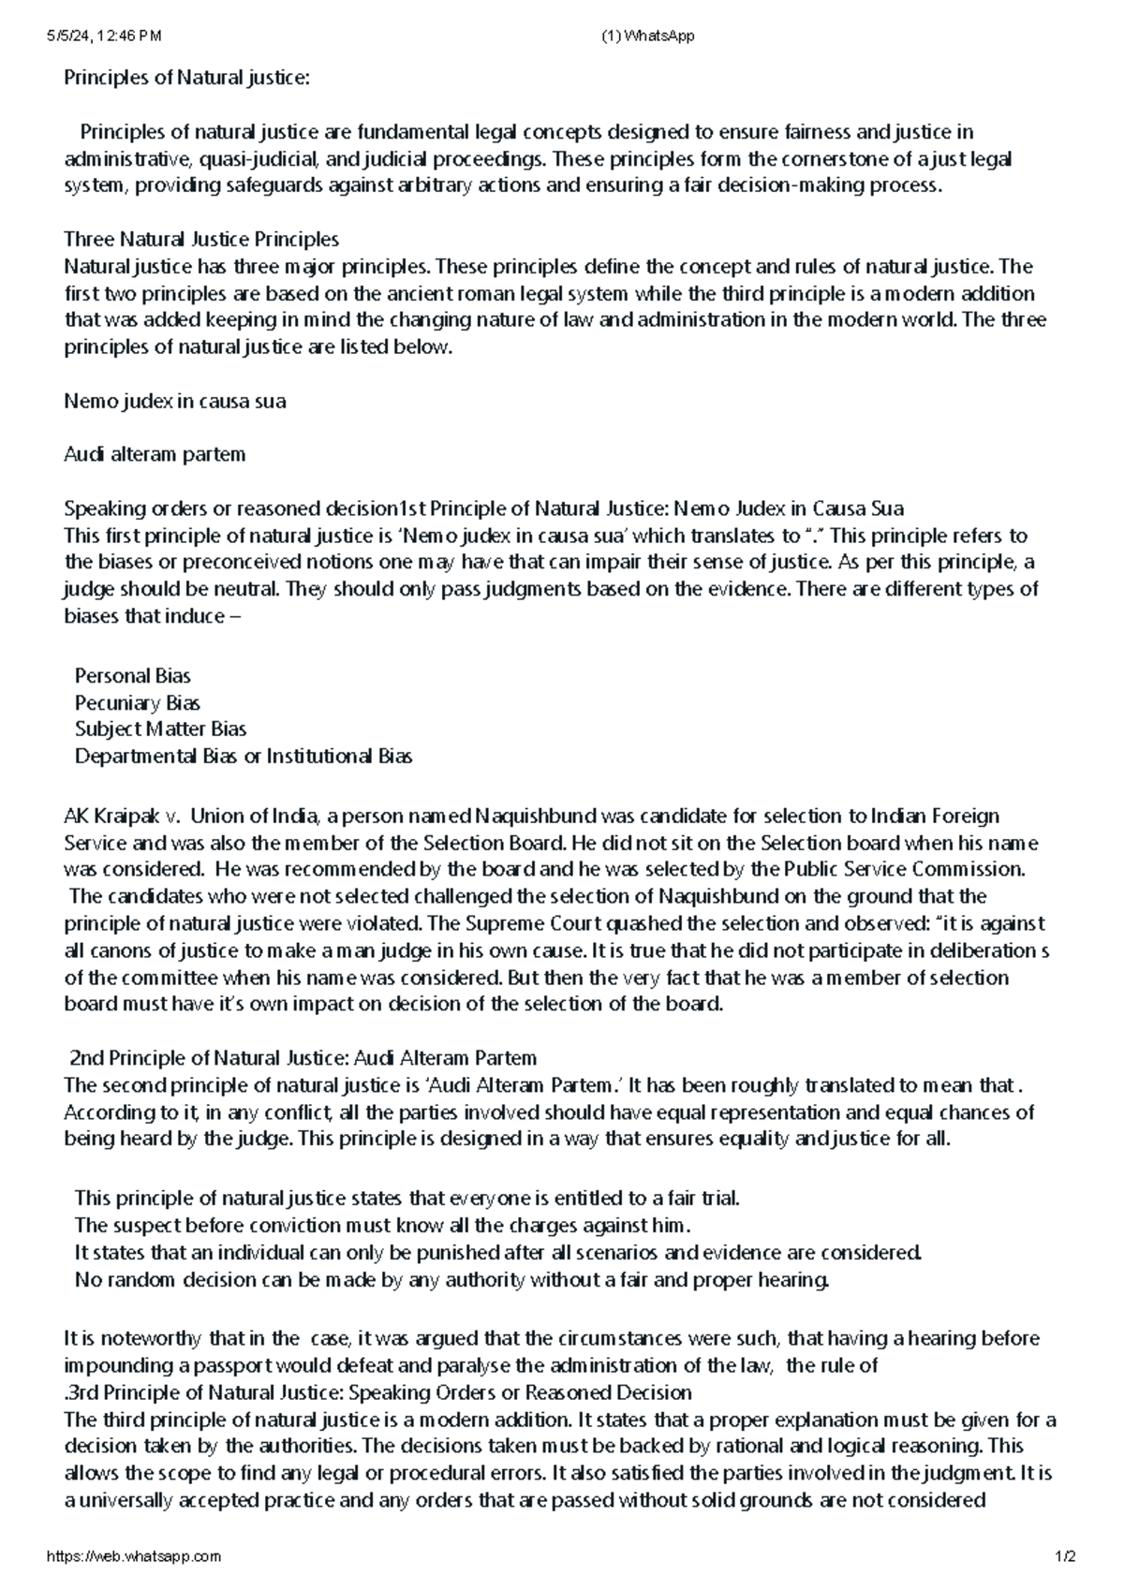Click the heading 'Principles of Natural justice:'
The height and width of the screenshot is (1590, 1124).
(x=185, y=78)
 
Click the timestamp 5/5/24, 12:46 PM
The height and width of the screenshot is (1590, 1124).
(x=103, y=36)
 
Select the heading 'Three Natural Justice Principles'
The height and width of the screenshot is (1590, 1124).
(x=201, y=239)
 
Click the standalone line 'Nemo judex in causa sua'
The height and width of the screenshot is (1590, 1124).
(x=174, y=401)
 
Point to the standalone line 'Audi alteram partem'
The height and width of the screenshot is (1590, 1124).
(x=155, y=454)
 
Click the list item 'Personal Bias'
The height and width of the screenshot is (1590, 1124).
(x=132, y=675)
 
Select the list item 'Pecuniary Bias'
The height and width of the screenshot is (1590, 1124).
(x=137, y=702)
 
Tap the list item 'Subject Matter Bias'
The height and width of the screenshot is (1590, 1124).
(x=160, y=729)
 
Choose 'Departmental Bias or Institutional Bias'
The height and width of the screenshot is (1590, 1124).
(x=244, y=756)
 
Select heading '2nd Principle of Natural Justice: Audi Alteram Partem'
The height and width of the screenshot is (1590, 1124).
(x=303, y=1058)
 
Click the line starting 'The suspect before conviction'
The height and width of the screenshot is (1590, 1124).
(x=382, y=1225)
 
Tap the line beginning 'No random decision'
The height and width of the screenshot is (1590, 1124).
(x=451, y=1279)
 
